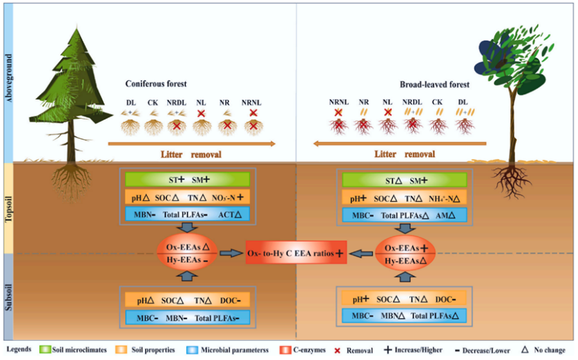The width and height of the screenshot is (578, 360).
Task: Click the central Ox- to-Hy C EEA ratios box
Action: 296,254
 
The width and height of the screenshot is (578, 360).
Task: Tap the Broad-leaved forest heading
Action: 434,84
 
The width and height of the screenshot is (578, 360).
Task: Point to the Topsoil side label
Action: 9,207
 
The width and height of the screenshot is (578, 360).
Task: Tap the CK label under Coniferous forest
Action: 153,103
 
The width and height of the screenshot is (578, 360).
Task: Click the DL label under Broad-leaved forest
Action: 462,102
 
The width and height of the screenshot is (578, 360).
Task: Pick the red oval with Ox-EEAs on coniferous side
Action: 188,254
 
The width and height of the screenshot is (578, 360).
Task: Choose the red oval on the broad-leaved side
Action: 405,254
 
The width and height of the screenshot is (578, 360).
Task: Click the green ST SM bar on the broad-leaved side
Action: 405,180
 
